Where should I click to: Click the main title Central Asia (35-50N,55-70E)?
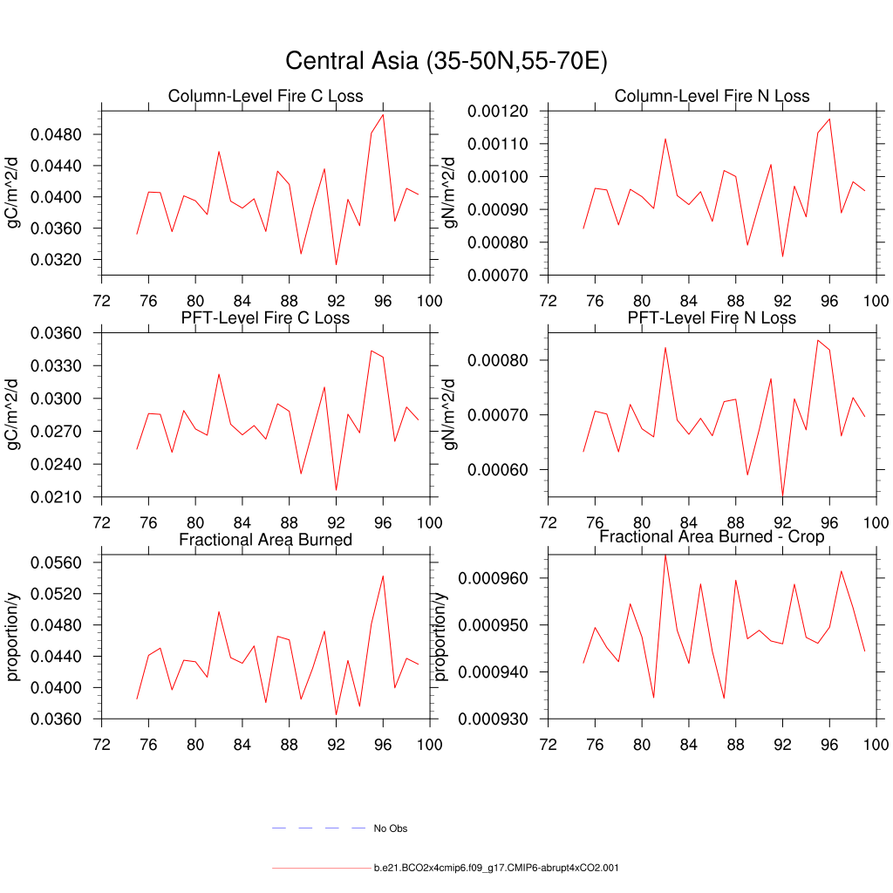tap(446, 62)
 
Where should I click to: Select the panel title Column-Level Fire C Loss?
tap(265, 96)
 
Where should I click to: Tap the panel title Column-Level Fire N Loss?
tap(712, 96)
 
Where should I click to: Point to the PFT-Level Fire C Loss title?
tap(265, 318)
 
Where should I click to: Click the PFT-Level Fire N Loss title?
tap(712, 318)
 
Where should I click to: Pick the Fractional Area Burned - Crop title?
tap(712, 537)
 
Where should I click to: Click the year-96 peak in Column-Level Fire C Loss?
tap(383, 114)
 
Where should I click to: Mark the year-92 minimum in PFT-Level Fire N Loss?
tap(782, 495)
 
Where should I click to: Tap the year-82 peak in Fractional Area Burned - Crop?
tap(665, 555)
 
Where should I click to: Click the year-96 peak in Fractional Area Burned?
tap(383, 576)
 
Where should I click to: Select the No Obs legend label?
tap(390, 828)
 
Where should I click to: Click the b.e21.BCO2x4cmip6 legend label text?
tap(496, 869)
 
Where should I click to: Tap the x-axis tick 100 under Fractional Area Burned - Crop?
tap(875, 744)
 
